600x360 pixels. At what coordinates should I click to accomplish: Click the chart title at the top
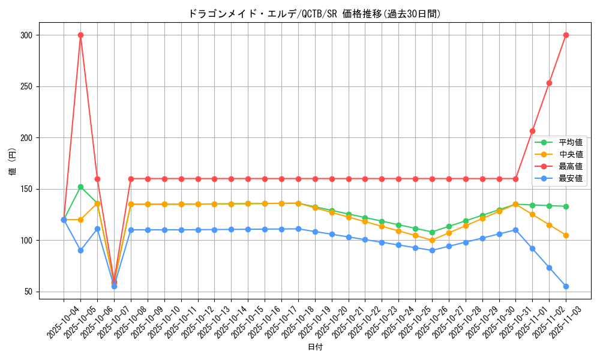[x=314, y=14]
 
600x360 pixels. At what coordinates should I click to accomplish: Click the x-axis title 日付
[x=315, y=347]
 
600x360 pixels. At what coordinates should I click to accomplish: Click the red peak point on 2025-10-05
[x=80, y=35]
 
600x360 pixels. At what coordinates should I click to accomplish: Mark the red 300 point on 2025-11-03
[x=566, y=35]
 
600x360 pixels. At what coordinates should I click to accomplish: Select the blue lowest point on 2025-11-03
[x=566, y=286]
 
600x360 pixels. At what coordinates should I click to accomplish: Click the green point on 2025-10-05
[x=80, y=187]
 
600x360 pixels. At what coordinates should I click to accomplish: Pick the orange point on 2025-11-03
[x=566, y=235]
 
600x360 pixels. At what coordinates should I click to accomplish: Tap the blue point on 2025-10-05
[x=80, y=250]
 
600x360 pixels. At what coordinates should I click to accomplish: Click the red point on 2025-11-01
[x=532, y=131]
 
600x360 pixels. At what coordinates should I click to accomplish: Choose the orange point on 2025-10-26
[x=432, y=240]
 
